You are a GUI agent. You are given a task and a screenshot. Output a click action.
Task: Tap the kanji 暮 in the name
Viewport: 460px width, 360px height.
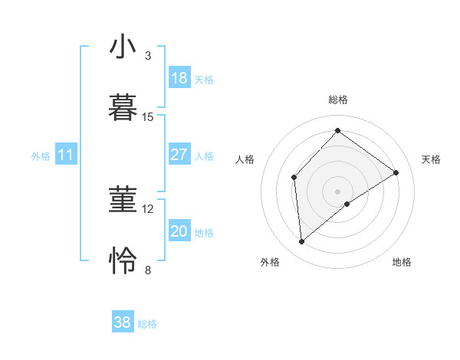tap(123, 108)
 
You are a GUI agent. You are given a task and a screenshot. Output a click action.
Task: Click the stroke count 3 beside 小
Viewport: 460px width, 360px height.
tap(148, 56)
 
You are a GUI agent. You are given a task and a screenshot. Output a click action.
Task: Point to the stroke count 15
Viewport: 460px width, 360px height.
tap(148, 117)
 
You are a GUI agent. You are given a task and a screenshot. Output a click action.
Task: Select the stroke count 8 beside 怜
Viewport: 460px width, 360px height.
tap(148, 270)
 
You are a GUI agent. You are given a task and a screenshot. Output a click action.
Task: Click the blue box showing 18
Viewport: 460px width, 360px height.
tap(179, 78)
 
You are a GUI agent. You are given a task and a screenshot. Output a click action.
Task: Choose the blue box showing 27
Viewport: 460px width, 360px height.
tap(179, 155)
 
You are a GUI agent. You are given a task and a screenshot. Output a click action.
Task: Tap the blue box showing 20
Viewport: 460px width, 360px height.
tap(179, 231)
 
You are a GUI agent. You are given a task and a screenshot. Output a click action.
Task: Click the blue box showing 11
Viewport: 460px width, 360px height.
tap(66, 155)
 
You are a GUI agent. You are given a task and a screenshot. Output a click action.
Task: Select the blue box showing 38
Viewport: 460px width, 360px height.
tap(123, 322)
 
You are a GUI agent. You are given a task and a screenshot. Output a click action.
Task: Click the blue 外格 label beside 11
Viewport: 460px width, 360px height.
tap(41, 155)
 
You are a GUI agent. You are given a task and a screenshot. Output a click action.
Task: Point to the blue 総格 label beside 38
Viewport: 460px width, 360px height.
tap(148, 324)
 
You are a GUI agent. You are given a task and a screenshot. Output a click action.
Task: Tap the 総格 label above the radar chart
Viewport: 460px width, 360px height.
tap(337, 100)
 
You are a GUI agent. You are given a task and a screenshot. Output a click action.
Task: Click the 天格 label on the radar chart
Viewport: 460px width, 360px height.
tap(431, 159)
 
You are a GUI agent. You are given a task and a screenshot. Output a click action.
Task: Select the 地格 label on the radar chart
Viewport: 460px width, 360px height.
tap(402, 262)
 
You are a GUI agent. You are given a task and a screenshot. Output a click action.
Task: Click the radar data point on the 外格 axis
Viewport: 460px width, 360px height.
tap(302, 242)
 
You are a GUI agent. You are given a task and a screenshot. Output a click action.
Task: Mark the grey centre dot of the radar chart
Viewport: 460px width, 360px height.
tap(337, 191)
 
